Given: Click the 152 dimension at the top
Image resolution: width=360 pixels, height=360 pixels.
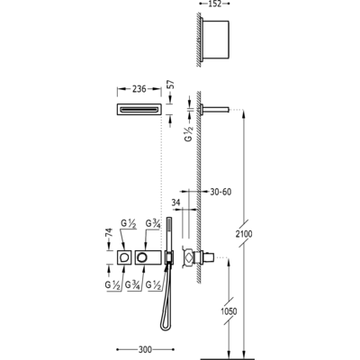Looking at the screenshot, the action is pos(215,4).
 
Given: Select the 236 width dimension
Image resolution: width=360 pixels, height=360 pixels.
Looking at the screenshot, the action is pos(139,89).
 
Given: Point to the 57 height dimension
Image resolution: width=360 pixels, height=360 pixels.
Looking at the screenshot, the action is pos(171,85).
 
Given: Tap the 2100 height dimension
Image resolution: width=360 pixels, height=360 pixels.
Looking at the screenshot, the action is pos(244,234).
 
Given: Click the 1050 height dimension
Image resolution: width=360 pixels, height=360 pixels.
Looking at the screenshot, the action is pos(229,311).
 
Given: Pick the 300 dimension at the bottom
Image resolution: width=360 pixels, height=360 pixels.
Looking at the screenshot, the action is pos(146,349).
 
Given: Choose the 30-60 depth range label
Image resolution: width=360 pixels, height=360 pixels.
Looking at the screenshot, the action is pos(220,192).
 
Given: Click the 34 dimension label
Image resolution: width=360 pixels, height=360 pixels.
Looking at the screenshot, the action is pos(175,202).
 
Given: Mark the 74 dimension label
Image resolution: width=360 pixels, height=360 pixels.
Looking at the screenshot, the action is pos(109,234).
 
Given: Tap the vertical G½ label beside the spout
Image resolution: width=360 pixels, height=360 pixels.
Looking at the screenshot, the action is pos(190,133).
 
